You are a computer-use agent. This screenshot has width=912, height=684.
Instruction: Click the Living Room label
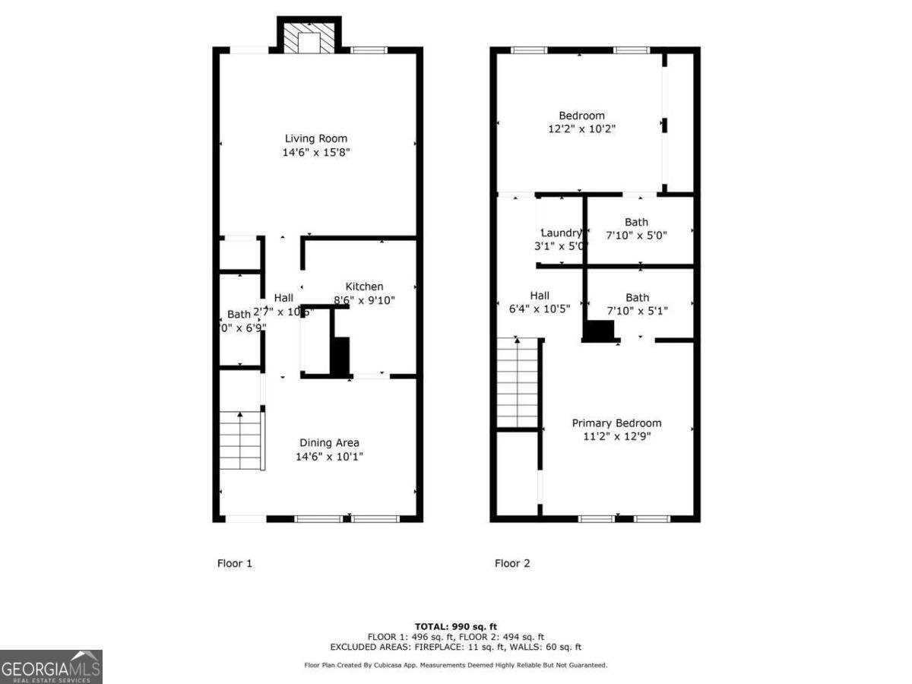(x=316, y=138)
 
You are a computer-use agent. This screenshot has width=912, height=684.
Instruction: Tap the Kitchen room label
(x=364, y=287)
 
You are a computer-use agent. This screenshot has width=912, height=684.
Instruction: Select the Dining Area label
(x=329, y=443)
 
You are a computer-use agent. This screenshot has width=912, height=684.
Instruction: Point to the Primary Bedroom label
(x=616, y=423)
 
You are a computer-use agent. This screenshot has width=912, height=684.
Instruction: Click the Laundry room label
(x=562, y=233)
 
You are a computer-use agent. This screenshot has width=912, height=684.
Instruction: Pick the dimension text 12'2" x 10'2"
(x=581, y=129)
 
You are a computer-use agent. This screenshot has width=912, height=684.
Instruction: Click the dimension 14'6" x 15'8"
(x=316, y=152)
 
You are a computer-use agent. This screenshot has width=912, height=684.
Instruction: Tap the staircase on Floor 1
(x=241, y=441)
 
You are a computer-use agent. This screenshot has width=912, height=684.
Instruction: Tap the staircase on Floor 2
(x=518, y=384)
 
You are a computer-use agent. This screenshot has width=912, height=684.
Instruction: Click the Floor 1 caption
(x=235, y=563)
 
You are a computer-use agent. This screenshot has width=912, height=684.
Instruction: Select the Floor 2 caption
(x=512, y=563)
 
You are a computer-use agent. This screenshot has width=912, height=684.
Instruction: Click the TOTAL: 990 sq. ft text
(x=456, y=626)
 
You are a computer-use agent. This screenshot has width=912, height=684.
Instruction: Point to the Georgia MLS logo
(x=51, y=667)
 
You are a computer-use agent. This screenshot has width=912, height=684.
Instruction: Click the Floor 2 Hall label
(x=540, y=296)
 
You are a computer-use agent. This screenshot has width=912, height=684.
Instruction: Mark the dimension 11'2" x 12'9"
(x=616, y=436)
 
